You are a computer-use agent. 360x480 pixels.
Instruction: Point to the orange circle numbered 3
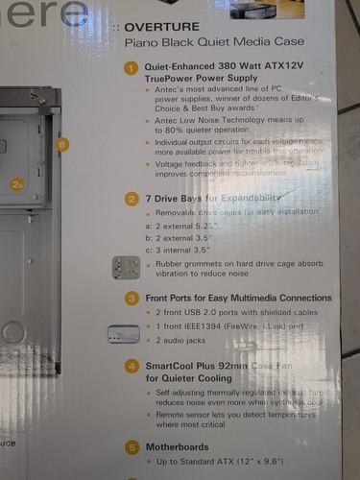click(132, 299)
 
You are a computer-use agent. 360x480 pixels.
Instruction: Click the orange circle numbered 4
click(132, 366)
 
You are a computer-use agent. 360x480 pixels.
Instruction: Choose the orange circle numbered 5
click(132, 446)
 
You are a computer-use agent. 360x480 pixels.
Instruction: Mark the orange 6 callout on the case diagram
click(63, 145)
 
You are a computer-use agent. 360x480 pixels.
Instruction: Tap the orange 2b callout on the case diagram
click(16, 182)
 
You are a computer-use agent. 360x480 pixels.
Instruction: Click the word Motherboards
click(180, 446)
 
